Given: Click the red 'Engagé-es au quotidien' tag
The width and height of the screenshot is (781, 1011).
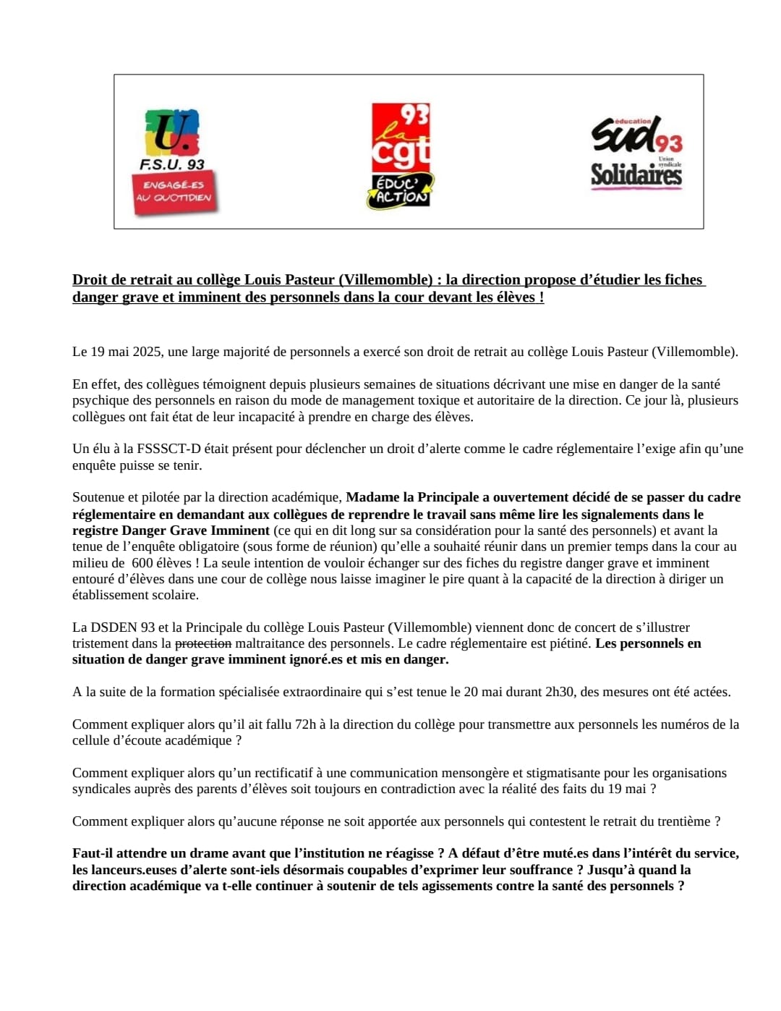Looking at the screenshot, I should click(174, 192).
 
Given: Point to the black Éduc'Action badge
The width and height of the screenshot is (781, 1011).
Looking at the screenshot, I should click(400, 190).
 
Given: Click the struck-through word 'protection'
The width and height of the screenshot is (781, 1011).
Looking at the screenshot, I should click(203, 643).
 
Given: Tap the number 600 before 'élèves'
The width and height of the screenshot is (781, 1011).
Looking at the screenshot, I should click(142, 563).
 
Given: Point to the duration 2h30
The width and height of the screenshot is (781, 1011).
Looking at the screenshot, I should click(560, 692).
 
